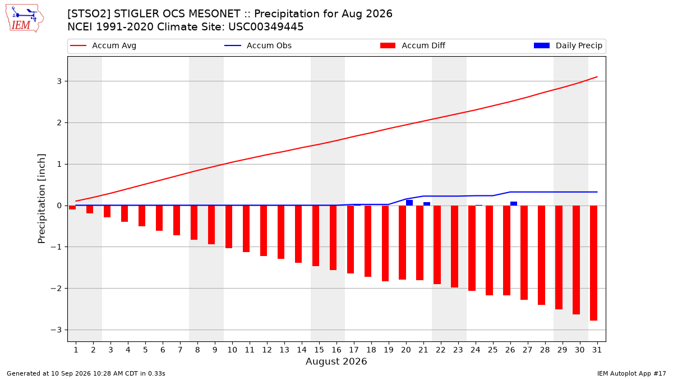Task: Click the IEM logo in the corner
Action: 25,18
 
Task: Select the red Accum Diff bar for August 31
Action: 593,263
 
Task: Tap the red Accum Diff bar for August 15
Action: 315,236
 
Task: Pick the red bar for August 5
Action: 142,216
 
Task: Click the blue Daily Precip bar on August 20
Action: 409,203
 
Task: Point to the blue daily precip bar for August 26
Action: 514,204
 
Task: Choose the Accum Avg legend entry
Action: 103,45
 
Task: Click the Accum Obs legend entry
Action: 258,45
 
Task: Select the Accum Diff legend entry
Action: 413,45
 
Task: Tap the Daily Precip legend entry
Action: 568,45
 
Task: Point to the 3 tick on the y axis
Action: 59,81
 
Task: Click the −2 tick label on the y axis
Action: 56,289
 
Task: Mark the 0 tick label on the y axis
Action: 59,206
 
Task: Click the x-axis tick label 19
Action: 389,350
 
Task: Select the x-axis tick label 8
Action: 197,350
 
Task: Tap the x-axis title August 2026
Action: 336,361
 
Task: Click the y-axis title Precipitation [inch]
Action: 42,199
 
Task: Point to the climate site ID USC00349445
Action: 266,27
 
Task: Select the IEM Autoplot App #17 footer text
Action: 631,373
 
